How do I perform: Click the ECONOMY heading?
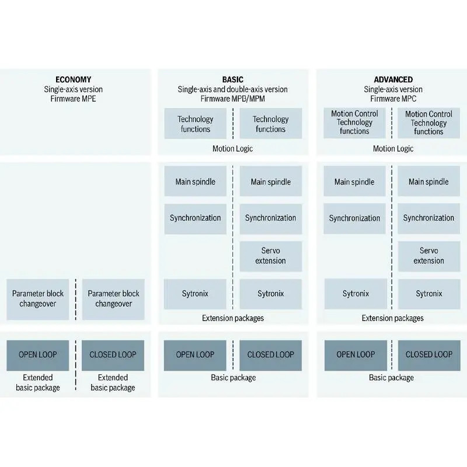tap(74, 79)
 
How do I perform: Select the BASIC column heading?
tap(232, 79)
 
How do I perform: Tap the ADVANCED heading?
tap(393, 79)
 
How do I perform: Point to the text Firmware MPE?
tap(74, 99)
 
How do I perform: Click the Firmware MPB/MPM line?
tap(232, 99)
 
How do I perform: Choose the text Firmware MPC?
tap(393, 99)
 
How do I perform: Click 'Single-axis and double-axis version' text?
tap(232, 89)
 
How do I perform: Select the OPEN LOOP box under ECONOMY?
tap(38, 356)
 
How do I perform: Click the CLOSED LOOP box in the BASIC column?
tap(270, 356)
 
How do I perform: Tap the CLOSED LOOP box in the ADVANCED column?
tap(429, 356)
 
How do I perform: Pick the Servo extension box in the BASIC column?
tap(270, 256)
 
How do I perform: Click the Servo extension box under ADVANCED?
tap(429, 256)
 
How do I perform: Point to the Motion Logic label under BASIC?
tap(232, 149)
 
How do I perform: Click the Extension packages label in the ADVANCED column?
tap(392, 318)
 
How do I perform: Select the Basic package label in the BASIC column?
tap(233, 378)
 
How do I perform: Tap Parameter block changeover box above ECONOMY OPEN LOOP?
tap(38, 299)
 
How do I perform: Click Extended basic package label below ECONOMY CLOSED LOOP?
tap(113, 382)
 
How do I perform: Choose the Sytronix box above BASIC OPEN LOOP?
tap(195, 294)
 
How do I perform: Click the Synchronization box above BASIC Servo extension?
tap(270, 218)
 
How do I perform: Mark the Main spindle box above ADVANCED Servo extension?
tap(429, 181)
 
